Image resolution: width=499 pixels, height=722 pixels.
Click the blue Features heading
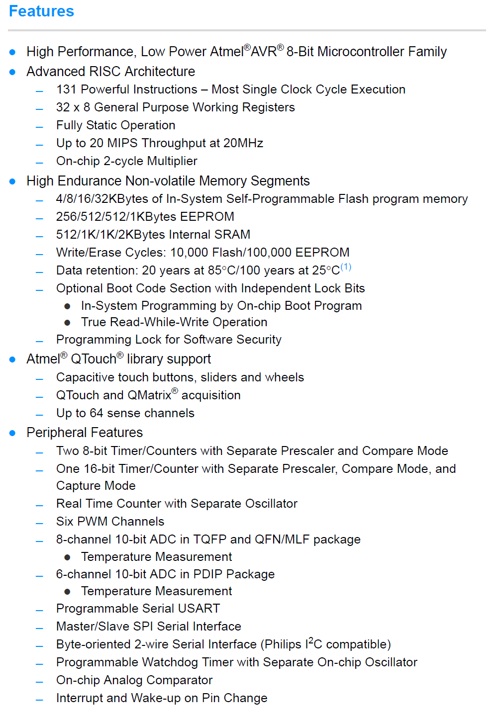tap(41, 11)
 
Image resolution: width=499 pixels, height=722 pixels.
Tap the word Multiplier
tap(172, 161)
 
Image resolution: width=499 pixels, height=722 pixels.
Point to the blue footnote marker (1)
tap(346, 267)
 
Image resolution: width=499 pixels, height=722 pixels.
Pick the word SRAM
tap(232, 235)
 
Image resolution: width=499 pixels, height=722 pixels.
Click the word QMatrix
tap(149, 395)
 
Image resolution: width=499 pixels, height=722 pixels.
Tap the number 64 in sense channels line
tap(97, 413)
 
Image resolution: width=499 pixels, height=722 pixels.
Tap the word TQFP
tap(210, 540)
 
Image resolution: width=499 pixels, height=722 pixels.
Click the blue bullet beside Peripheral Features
tap(12, 433)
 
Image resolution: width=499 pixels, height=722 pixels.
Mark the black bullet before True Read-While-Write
tap(67, 323)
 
